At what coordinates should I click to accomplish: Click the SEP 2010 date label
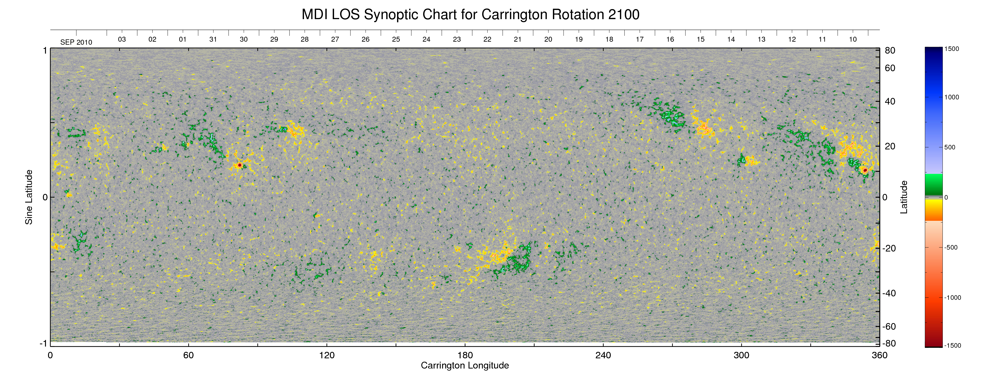pos(76,42)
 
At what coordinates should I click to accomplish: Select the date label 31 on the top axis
pos(213,39)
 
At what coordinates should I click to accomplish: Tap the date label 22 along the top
pos(487,39)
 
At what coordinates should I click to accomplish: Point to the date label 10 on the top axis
pos(853,39)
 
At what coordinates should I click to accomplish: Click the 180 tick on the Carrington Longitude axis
pos(465,355)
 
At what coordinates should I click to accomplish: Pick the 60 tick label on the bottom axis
pos(188,355)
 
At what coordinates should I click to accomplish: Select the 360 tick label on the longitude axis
pos(879,355)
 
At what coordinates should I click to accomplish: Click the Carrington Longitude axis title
pos(465,365)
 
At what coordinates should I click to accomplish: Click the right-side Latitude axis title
pos(904,197)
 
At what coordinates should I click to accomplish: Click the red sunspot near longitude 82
pos(239,165)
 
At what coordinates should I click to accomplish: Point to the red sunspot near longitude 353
pos(865,170)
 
